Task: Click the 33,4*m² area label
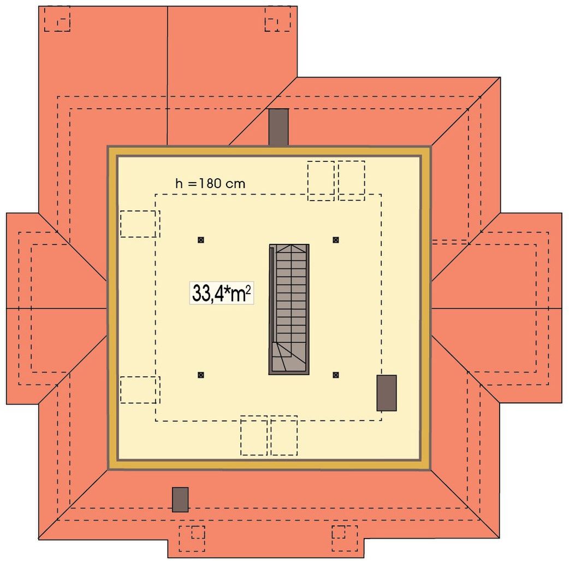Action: (x=221, y=293)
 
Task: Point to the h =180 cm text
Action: (x=210, y=184)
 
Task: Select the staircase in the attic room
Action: (x=289, y=309)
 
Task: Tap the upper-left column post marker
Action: (x=200, y=240)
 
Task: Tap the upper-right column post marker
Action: (x=336, y=240)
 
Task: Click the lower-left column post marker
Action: (x=200, y=375)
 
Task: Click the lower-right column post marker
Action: (x=336, y=375)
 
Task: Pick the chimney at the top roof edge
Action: (x=278, y=127)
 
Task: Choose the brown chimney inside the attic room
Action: (x=387, y=393)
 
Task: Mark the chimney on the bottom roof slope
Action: (x=180, y=500)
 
